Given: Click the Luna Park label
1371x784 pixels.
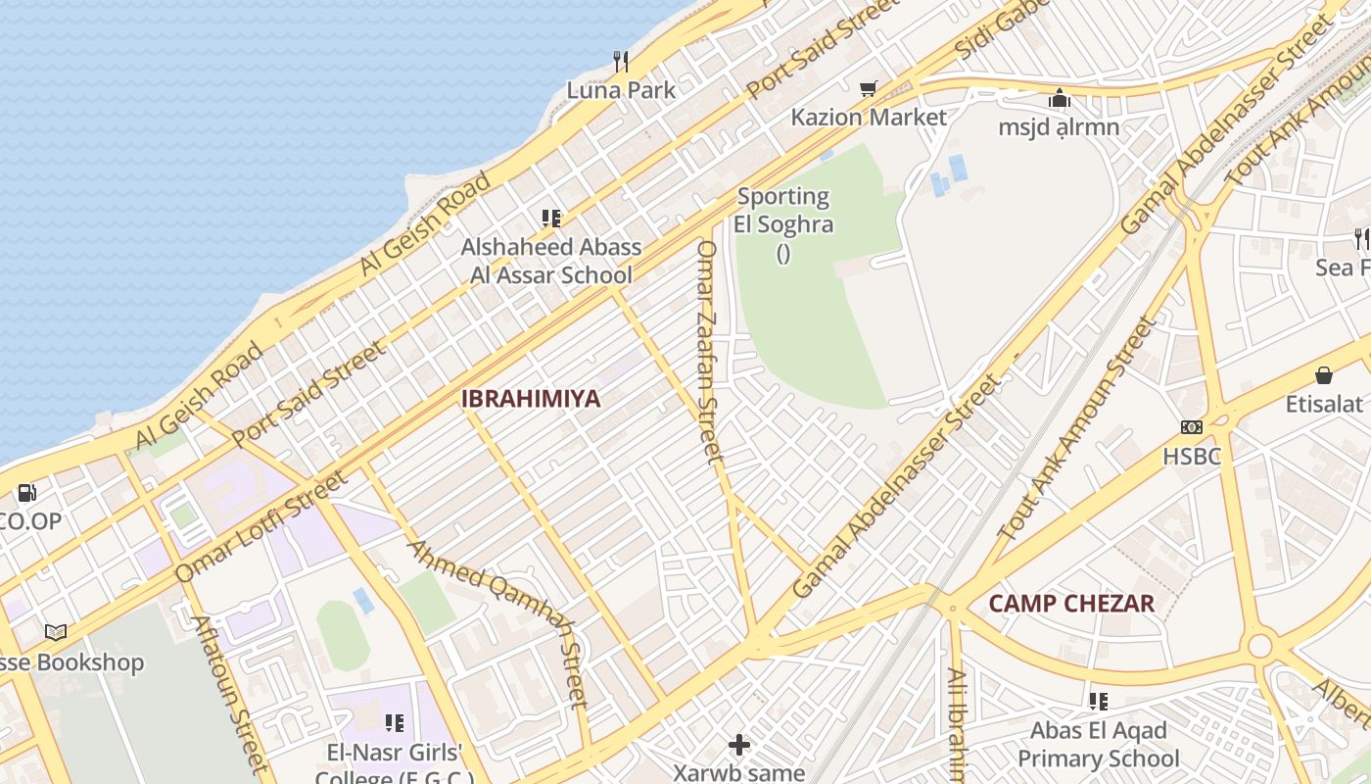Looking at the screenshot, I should tap(621, 90).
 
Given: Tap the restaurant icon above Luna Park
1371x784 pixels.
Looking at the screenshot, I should tap(621, 62).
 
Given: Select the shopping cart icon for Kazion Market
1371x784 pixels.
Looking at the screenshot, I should tap(868, 89).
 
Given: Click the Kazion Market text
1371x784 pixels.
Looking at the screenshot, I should tap(869, 118).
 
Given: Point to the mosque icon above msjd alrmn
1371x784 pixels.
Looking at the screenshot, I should tap(1059, 99).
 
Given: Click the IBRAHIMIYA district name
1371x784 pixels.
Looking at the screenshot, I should tap(530, 399).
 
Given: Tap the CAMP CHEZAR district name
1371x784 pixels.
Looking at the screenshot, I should tap(1071, 603).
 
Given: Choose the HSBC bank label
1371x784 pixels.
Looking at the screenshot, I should tap(1192, 456).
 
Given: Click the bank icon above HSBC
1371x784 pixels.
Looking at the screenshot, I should tap(1192, 427).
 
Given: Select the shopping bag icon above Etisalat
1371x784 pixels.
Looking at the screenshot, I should tap(1324, 375).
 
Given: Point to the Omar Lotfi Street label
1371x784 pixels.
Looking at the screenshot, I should tap(260, 526).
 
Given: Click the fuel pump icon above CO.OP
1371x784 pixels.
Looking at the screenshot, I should tap(27, 493).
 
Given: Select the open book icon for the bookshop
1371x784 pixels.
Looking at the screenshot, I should tap(56, 633).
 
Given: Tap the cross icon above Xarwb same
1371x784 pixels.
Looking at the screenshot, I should tap(739, 745).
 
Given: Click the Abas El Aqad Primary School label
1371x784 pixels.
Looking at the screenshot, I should tap(1099, 745).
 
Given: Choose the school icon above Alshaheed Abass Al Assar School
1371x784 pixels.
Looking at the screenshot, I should tap(551, 219).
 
